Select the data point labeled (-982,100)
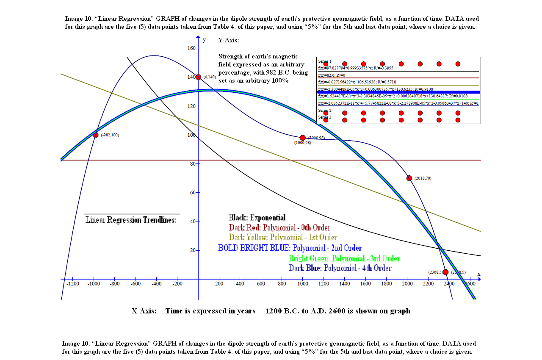96,135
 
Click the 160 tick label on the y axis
191,48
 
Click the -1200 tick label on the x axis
73,284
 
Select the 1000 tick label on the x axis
303,284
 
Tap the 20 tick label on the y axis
193,250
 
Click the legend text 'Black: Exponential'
257,218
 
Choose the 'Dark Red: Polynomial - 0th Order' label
279,227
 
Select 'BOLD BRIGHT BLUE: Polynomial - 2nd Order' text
290,248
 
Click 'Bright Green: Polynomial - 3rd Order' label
344,258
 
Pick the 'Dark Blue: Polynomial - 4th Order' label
340,268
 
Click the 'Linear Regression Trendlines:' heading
131,220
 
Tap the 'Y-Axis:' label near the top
229,40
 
